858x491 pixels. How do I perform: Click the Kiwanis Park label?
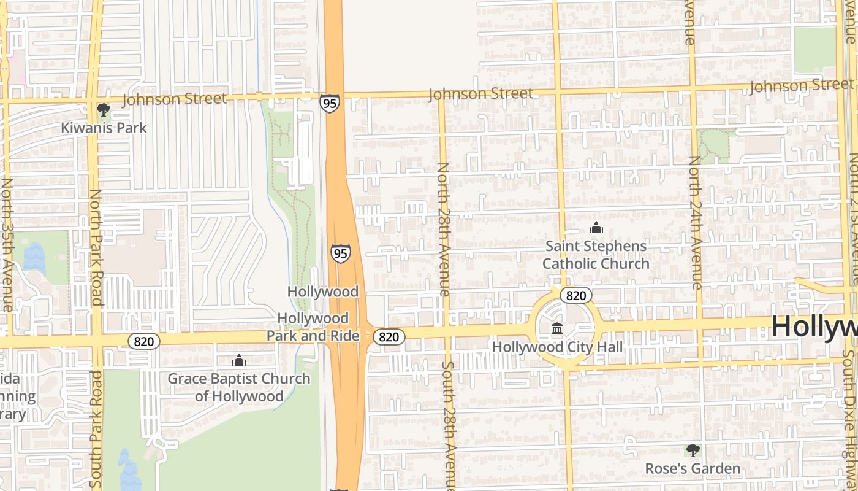pyautogui.click(x=104, y=128)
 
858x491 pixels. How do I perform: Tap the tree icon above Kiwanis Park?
pyautogui.click(x=104, y=110)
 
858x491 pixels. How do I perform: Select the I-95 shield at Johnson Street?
pyautogui.click(x=329, y=102)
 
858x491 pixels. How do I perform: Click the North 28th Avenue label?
pyautogui.click(x=444, y=229)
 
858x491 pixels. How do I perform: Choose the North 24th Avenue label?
pyautogui.click(x=695, y=222)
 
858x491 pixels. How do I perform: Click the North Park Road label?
pyautogui.click(x=96, y=247)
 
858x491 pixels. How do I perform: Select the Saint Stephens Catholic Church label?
pyautogui.click(x=596, y=255)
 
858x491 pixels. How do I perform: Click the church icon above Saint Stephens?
pyautogui.click(x=596, y=228)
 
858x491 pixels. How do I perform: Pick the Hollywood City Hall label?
pyautogui.click(x=557, y=347)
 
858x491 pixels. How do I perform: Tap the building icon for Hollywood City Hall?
pyautogui.click(x=557, y=330)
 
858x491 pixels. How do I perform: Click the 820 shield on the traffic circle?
pyautogui.click(x=575, y=296)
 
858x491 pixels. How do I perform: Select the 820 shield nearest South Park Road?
pyautogui.click(x=144, y=341)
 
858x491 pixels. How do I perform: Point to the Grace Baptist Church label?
pyautogui.click(x=239, y=387)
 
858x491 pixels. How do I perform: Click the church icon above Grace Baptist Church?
pyautogui.click(x=239, y=361)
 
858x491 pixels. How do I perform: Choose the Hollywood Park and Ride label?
pyautogui.click(x=313, y=327)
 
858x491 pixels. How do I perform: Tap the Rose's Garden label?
pyautogui.click(x=693, y=469)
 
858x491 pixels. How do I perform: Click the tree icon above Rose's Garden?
pyautogui.click(x=693, y=451)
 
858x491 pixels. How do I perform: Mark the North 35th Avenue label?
pyautogui.click(x=7, y=244)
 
